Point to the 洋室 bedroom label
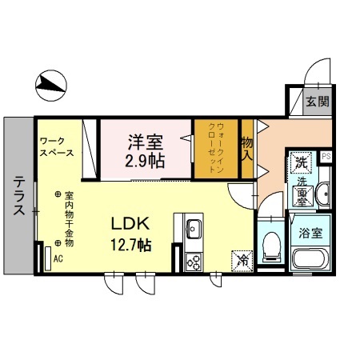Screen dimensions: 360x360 pyautogui.click(x=145, y=142)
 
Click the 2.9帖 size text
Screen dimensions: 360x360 pyautogui.click(x=145, y=161)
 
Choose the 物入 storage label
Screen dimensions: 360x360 pyautogui.click(x=247, y=149)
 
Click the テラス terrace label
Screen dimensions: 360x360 pyautogui.click(x=18, y=195)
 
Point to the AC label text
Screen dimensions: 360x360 pyautogui.click(x=58, y=259)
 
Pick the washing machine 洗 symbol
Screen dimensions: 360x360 pyautogui.click(x=302, y=161)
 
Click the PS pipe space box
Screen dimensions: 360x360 pyautogui.click(x=326, y=156)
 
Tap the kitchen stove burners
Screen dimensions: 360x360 pyautogui.click(x=193, y=260)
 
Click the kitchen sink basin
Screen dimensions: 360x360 pyautogui.click(x=193, y=232)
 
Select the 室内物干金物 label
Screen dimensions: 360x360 pyautogui.click(x=70, y=218)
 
